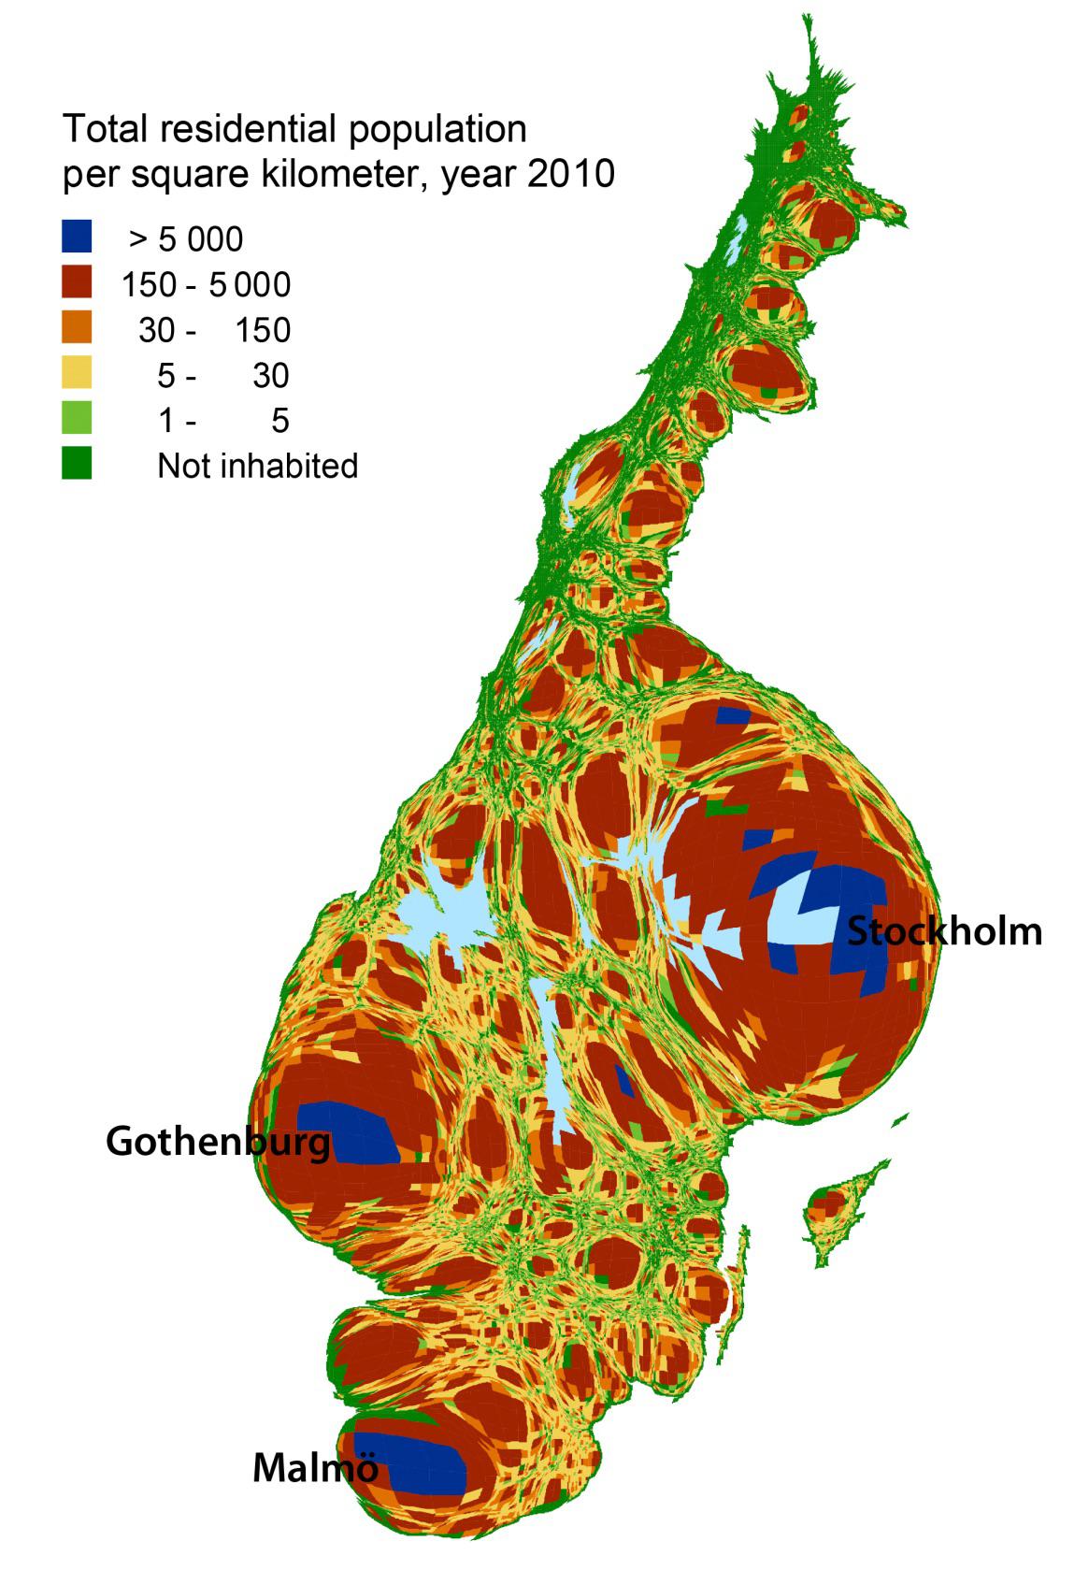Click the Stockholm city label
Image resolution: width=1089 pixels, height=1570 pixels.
(x=944, y=932)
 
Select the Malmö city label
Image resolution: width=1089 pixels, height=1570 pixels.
(x=315, y=1467)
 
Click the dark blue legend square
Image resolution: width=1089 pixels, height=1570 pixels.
(x=77, y=238)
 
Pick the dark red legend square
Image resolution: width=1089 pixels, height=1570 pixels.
(x=77, y=283)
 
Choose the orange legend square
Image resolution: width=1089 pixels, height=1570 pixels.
(x=77, y=328)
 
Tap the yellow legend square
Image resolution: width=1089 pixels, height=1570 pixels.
(x=77, y=374)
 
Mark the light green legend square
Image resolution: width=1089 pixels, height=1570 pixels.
(x=77, y=419)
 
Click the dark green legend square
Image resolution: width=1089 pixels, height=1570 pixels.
(x=77, y=464)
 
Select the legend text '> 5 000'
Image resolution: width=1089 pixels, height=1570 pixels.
(x=186, y=239)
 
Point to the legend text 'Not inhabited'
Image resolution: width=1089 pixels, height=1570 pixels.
(x=257, y=465)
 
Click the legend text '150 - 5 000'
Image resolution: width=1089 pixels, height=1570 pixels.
(x=206, y=284)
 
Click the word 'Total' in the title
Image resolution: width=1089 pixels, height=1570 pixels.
(x=105, y=129)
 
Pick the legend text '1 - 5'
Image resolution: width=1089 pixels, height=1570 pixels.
(x=224, y=420)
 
